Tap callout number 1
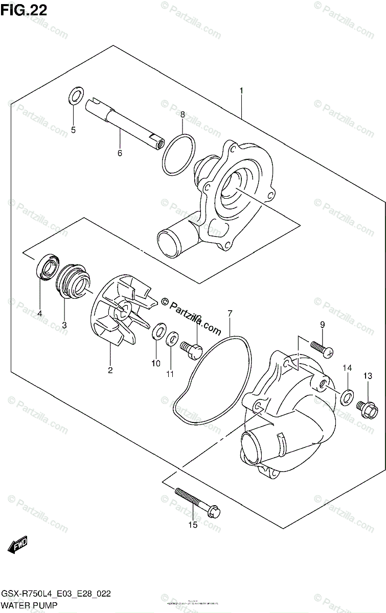(x=241, y=91)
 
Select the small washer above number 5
(x=76, y=96)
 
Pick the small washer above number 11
(x=173, y=338)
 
